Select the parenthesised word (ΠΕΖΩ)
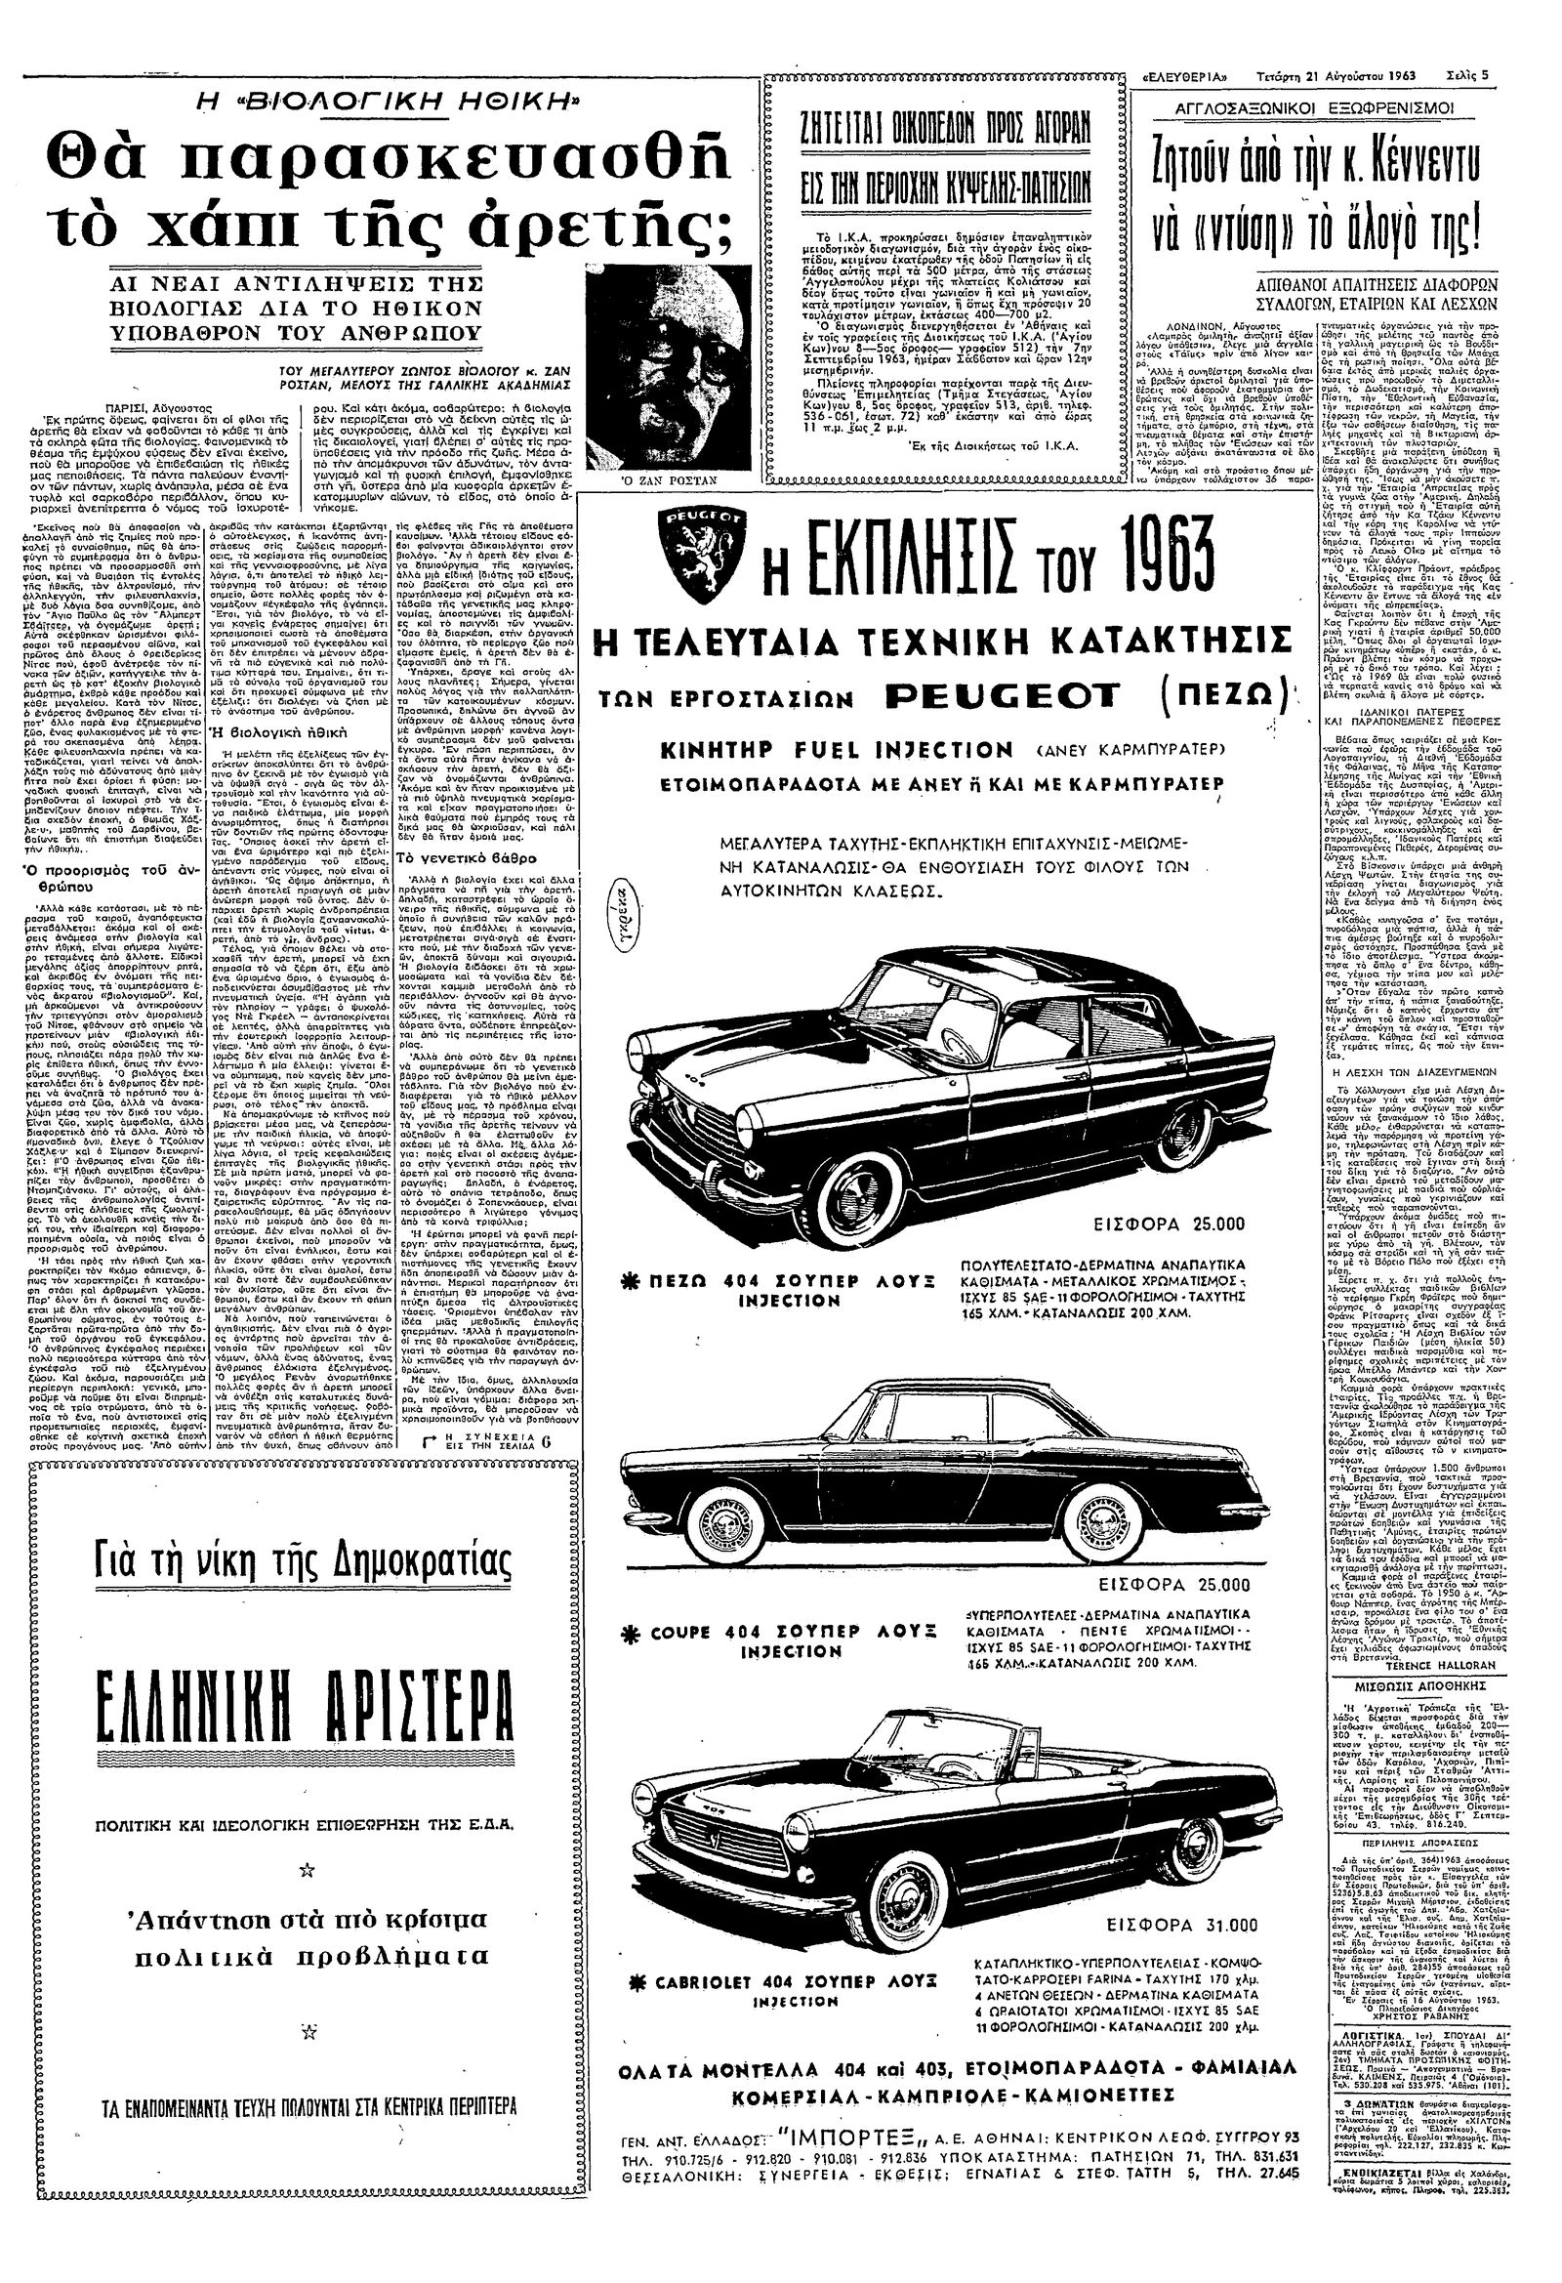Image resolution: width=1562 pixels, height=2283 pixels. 1212,700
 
